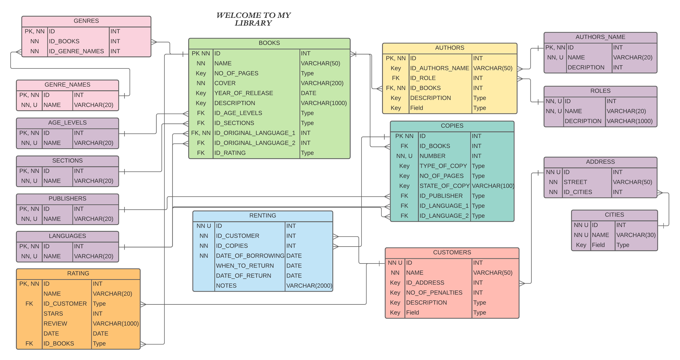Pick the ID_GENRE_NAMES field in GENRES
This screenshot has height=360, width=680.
76,51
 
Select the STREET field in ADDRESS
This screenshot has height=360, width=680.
575,182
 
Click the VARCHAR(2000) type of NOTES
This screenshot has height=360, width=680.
309,286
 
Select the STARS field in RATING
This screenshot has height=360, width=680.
53,314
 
